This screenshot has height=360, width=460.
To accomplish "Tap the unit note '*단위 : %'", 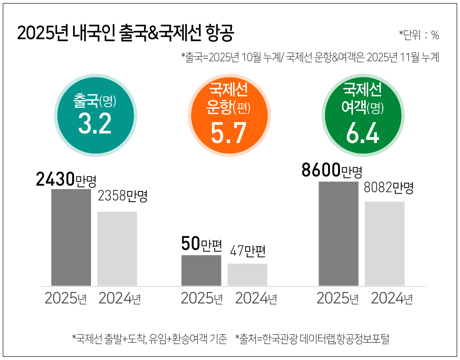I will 419,35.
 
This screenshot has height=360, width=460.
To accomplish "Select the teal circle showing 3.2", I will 95,115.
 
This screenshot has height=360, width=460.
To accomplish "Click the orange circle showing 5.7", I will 228,115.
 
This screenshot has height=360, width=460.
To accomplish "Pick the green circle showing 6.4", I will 362,115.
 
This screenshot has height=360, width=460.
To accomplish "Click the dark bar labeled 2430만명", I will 71,237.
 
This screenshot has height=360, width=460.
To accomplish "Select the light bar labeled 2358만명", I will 117,248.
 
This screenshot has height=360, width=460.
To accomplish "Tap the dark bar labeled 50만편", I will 201,270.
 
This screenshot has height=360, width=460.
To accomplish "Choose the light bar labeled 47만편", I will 247,274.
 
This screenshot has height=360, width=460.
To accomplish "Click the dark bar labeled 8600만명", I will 339,233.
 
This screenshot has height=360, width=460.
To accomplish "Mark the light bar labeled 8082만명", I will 385,243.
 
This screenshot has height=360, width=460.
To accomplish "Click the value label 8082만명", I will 388,188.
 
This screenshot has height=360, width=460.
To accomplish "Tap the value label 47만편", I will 247,252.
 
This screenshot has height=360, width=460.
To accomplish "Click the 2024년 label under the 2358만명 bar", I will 119,299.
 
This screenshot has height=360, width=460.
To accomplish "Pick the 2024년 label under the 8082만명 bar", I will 392,299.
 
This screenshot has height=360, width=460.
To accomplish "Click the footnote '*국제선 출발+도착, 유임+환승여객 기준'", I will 149,339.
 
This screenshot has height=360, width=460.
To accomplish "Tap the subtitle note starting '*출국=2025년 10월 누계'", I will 309,57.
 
